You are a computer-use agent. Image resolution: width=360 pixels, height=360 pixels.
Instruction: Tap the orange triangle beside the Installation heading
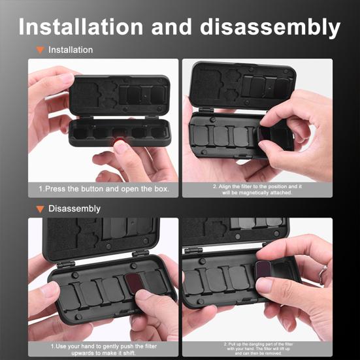point(41,50)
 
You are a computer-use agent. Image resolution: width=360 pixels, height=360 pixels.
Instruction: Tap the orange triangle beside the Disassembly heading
point(41,209)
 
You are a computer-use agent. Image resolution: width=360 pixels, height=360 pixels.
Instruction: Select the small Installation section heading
point(71,50)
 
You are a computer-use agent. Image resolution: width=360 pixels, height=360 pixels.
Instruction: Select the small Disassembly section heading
point(74,208)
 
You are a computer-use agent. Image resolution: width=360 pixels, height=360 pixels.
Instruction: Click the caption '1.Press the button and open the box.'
point(103,189)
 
